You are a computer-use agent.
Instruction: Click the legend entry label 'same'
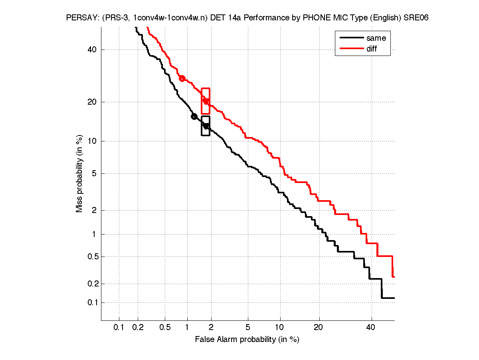coord(376,38)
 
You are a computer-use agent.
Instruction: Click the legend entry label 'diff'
coord(372,49)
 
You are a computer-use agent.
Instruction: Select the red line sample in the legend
coord(351,49)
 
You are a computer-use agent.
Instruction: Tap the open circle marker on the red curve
coord(182,78)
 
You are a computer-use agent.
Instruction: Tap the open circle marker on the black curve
coord(194,117)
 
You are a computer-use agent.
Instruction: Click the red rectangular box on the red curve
coord(206,101)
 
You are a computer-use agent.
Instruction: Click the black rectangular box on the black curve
coord(206,126)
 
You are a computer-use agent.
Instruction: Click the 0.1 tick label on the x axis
coord(119,327)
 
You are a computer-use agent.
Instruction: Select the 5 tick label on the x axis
coord(248,327)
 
